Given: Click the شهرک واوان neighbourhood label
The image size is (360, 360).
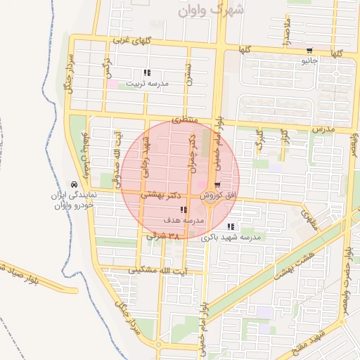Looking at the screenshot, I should coord(211,11).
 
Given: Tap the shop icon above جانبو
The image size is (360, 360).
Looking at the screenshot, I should coord(309,51).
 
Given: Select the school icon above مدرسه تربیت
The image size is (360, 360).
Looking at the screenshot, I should coord(146,73).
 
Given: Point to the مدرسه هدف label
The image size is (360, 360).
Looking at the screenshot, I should coord(183,220).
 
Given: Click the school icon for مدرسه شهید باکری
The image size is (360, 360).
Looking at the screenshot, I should coord(230,226).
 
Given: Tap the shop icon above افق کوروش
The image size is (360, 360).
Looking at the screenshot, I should coord(207,185).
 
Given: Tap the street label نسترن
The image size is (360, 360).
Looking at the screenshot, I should coord(188,74).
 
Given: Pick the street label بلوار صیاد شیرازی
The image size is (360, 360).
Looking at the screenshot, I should coord(14,273).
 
